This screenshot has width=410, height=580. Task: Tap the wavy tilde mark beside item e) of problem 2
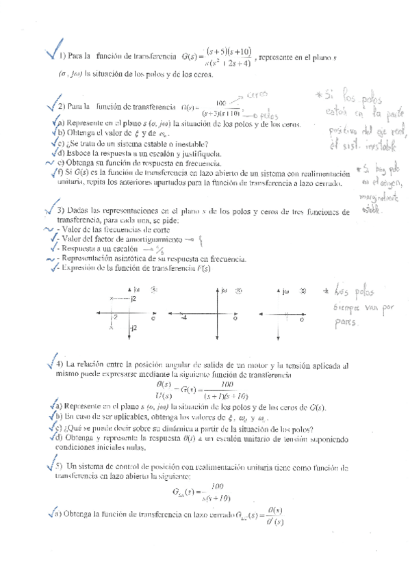[49, 163]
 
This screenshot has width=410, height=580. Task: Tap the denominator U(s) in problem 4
[164, 396]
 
